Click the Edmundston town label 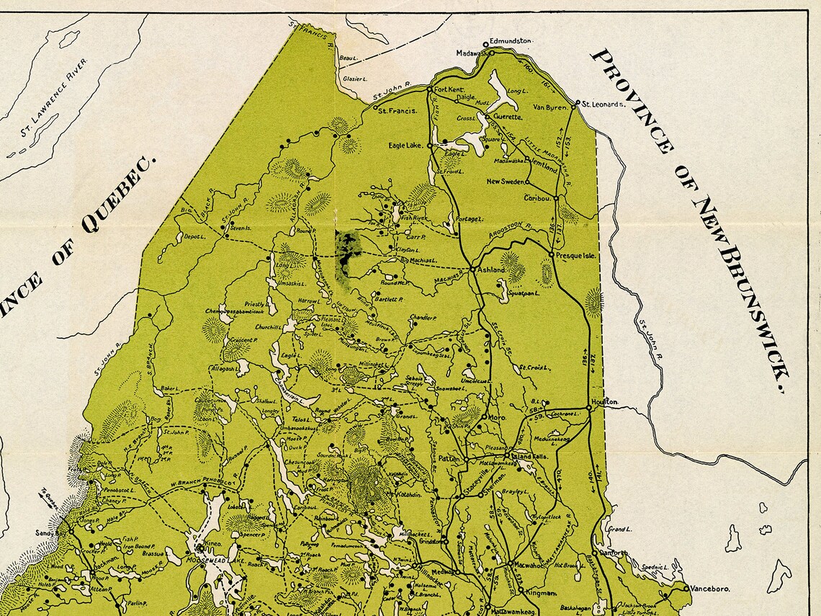511,41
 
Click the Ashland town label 492,269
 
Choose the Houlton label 604,401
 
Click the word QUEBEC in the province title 120,195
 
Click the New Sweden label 506,182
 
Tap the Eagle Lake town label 406,145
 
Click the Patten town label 449,457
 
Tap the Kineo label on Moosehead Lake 212,543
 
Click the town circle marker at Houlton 588,408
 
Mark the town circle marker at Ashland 472,269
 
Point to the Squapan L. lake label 524,295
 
